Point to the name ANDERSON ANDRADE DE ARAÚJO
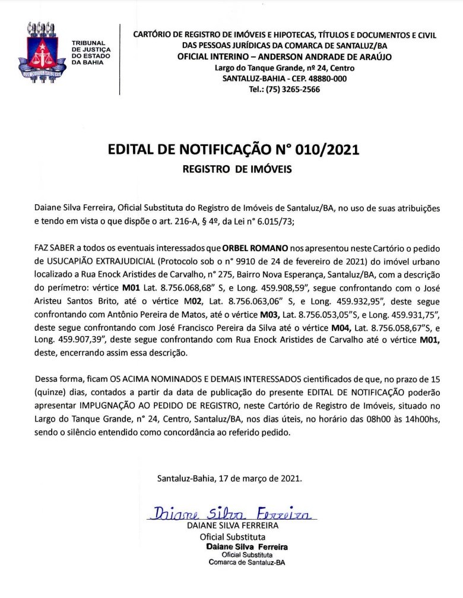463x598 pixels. pos(326,57)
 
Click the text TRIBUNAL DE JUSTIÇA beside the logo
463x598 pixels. pos(88,48)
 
